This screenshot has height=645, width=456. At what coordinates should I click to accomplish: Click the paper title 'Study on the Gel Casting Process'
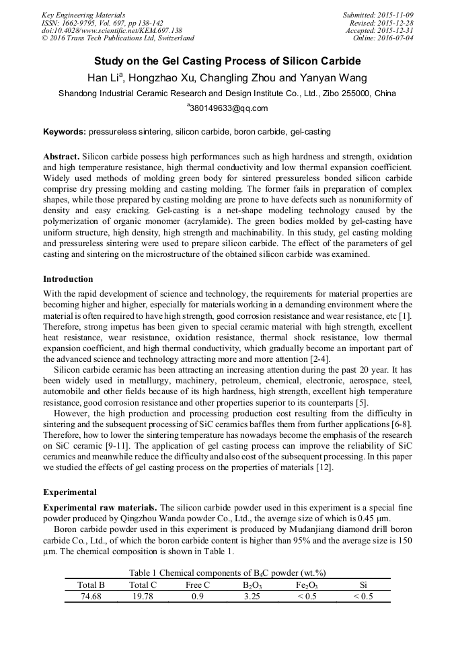(227, 61)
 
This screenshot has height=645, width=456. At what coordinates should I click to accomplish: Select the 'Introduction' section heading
(68, 278)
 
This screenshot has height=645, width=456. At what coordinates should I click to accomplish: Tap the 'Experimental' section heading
(70, 492)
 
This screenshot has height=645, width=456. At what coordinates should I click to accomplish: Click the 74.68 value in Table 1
(91, 596)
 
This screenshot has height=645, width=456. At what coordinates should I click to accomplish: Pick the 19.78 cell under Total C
(143, 596)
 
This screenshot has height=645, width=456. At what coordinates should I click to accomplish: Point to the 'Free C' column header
(197, 585)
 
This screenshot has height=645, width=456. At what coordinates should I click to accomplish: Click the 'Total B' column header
(91, 585)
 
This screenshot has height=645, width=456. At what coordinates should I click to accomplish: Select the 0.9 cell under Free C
(197, 596)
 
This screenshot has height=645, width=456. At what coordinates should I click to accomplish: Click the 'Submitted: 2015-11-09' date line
(378, 14)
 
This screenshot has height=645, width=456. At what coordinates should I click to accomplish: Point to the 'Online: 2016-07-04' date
(383, 38)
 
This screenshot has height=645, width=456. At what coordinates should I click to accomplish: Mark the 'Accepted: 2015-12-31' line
(380, 30)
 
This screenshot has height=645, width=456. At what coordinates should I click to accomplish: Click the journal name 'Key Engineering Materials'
(83, 14)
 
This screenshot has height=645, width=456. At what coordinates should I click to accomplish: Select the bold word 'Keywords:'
(65, 132)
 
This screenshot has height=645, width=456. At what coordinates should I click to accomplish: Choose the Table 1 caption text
(227, 572)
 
